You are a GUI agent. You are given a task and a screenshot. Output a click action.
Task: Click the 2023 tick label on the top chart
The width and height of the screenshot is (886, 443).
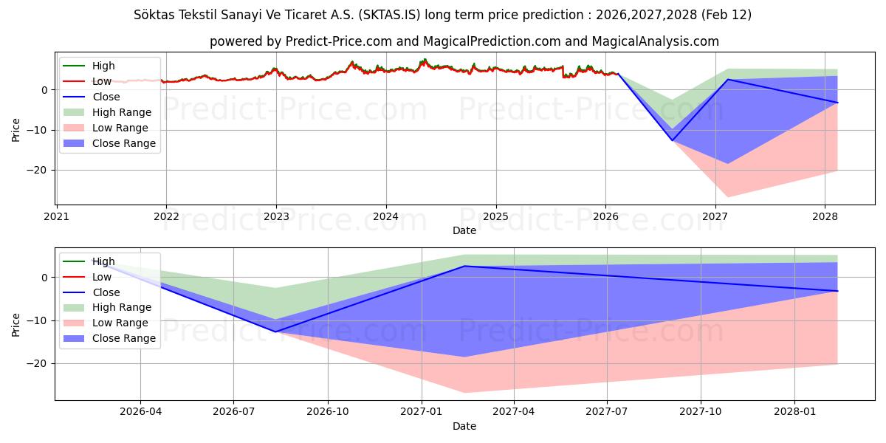(x=276, y=217)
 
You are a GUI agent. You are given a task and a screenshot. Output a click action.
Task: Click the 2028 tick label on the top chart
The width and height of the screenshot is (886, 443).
(x=825, y=217)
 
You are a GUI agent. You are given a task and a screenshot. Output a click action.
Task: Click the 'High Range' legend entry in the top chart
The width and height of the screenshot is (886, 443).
(x=122, y=112)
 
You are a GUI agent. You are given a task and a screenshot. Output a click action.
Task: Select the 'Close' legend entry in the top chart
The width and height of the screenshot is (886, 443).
(x=106, y=97)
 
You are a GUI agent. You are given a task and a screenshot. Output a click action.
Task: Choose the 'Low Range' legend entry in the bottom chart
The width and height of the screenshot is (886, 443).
(x=120, y=323)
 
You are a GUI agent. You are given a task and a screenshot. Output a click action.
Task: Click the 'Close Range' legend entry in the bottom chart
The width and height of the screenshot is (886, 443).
(x=124, y=338)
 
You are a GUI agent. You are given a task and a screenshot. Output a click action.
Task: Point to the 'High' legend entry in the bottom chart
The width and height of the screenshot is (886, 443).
(x=103, y=261)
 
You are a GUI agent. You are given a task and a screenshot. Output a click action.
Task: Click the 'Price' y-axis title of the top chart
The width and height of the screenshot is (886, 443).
(x=16, y=130)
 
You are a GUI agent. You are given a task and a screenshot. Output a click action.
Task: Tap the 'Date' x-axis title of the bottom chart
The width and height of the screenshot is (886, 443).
(x=464, y=426)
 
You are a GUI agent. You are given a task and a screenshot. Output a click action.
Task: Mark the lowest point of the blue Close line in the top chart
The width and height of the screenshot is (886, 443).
(x=672, y=140)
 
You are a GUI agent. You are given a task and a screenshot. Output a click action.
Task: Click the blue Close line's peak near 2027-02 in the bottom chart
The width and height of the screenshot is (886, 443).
(x=464, y=266)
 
